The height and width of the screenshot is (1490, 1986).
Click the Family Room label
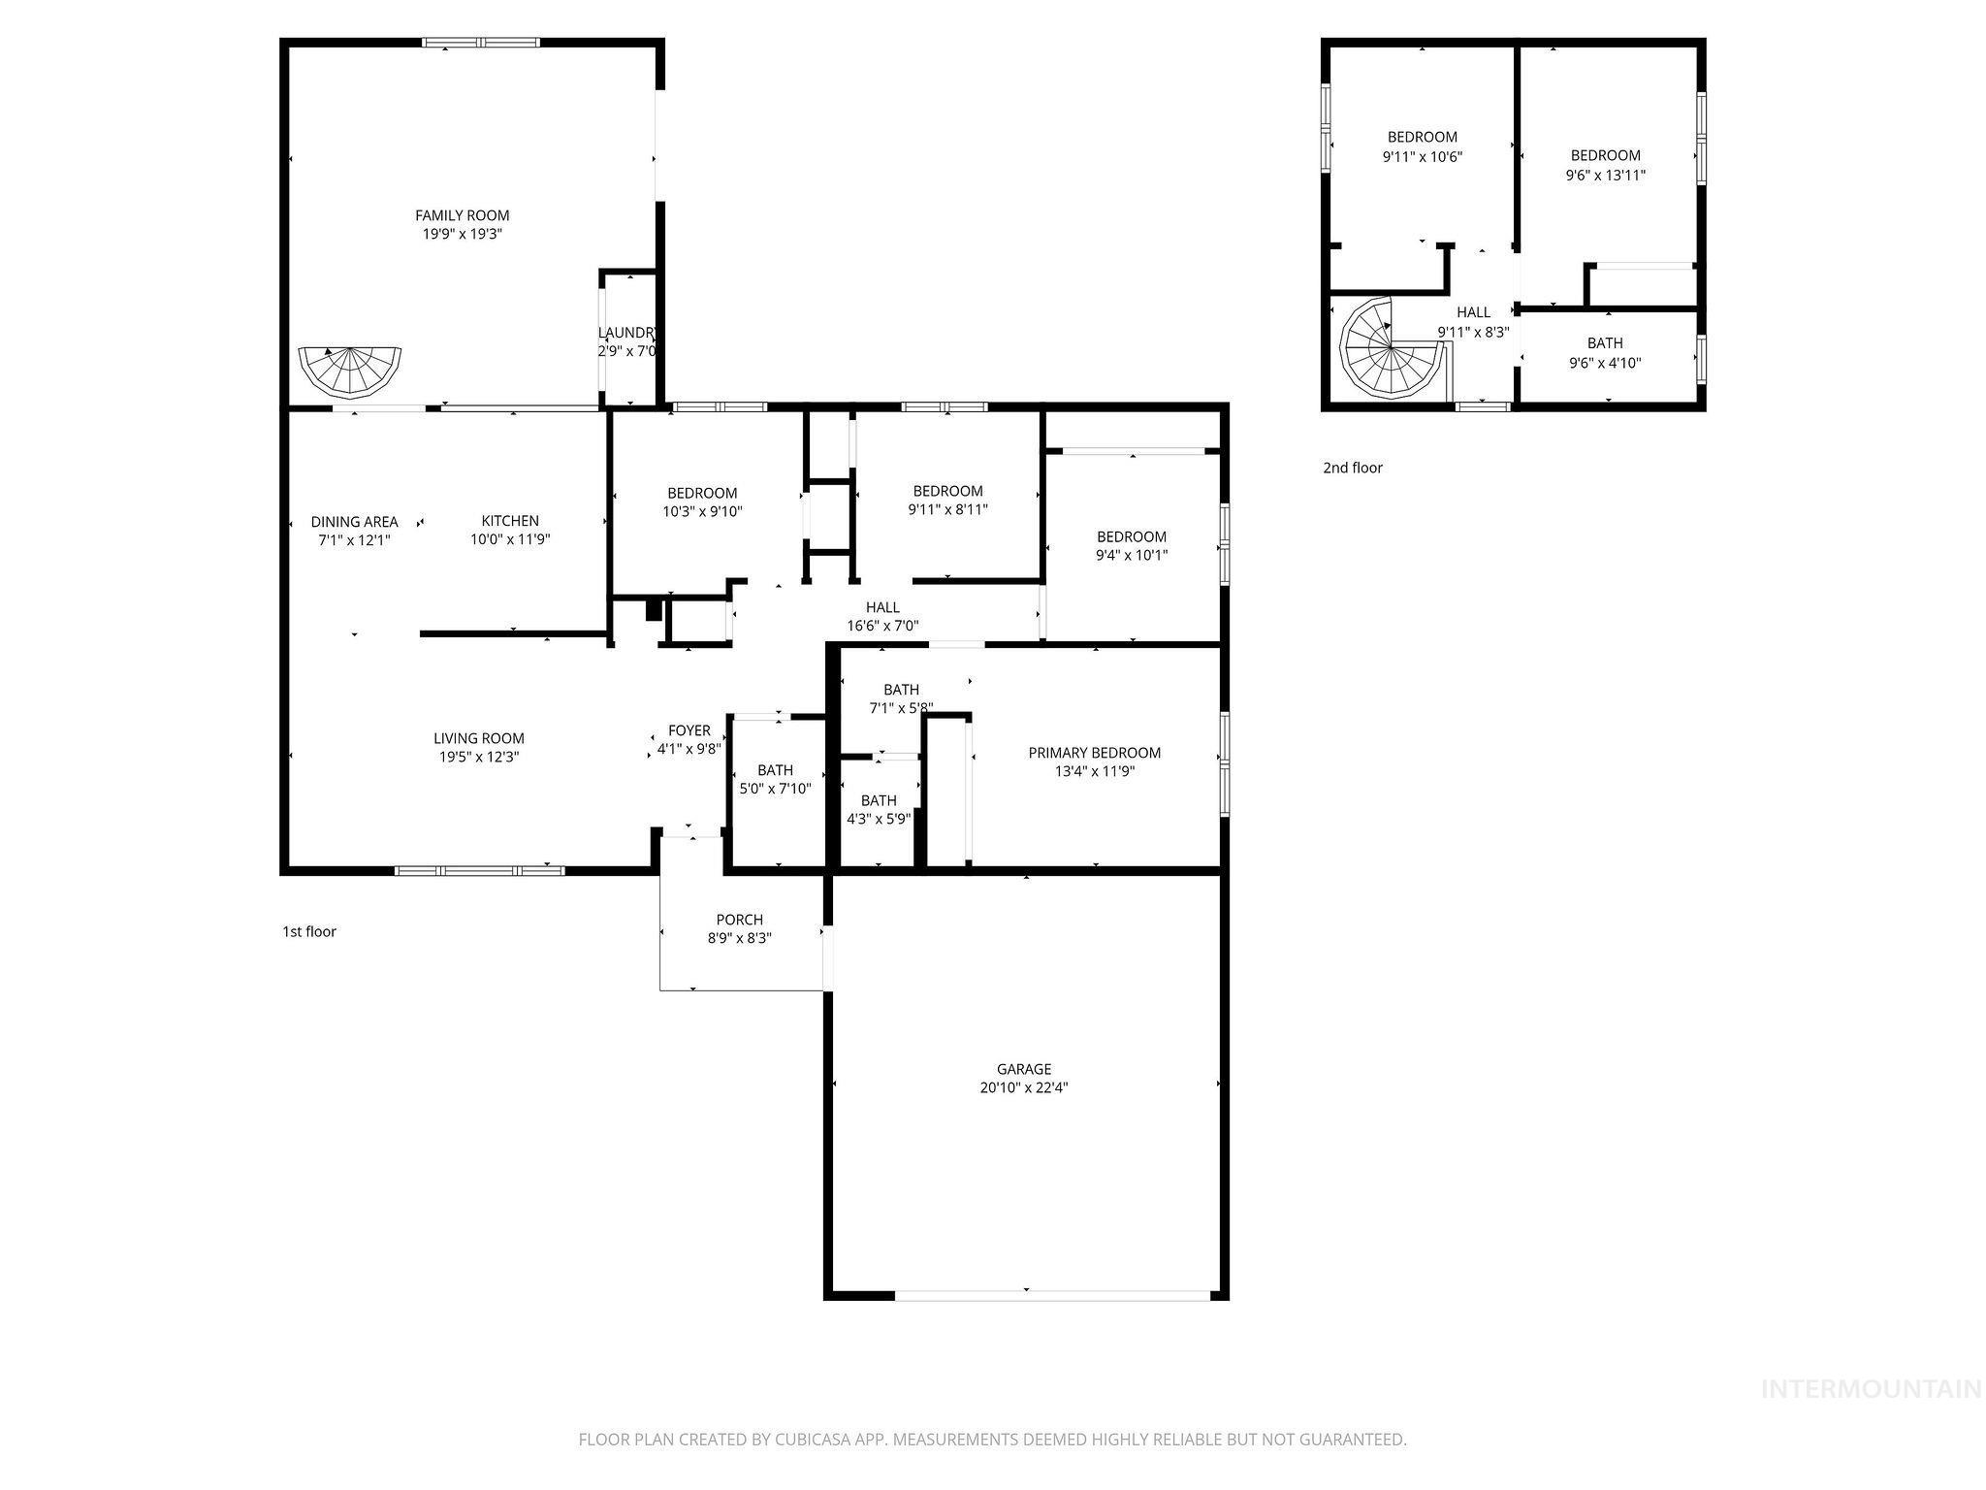[462, 215]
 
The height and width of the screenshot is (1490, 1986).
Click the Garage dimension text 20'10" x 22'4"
[1024, 1088]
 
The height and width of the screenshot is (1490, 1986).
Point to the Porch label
[739, 920]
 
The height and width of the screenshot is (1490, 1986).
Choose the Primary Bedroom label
[1094, 753]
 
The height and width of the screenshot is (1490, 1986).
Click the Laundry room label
[627, 333]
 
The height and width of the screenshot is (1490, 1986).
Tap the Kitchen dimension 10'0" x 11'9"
[510, 540]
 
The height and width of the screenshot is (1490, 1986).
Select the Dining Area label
[354, 522]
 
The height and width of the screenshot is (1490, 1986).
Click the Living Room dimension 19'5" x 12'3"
[478, 757]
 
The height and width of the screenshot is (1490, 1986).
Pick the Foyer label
[689, 730]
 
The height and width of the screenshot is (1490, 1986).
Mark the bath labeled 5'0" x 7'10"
[775, 780]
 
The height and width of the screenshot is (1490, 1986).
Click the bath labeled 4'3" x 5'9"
[879, 809]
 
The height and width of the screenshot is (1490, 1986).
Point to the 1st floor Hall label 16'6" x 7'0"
[882, 617]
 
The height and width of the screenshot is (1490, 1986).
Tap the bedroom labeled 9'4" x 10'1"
[1132, 546]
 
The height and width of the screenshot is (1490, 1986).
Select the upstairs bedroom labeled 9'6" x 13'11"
[1605, 165]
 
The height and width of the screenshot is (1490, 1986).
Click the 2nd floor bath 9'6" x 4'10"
[1605, 353]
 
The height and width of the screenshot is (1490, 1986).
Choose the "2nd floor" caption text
[1353, 468]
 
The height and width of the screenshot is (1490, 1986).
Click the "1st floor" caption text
[309, 931]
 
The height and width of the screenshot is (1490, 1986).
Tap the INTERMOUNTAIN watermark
[1871, 1389]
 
